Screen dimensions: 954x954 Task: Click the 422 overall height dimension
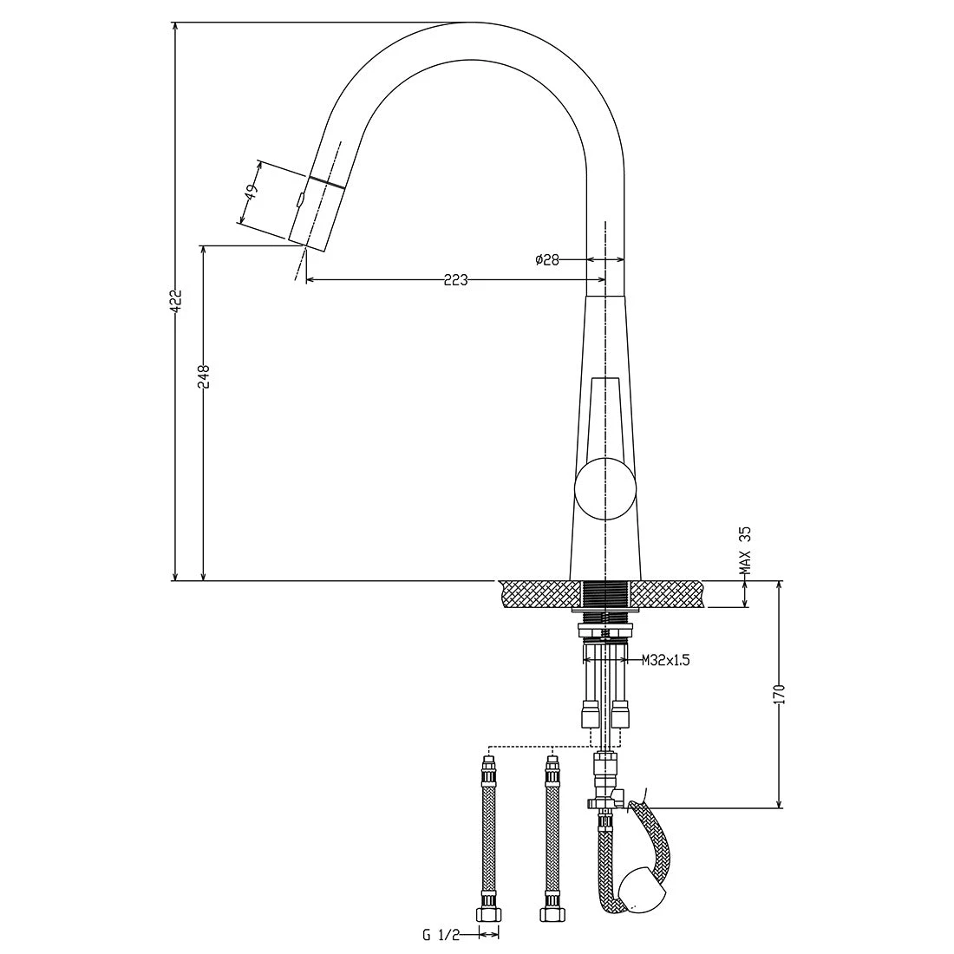175,300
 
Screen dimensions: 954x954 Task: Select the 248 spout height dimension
205,376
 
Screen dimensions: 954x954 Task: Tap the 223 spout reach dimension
455,279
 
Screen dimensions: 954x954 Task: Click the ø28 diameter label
547,258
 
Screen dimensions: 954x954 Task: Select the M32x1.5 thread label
666,661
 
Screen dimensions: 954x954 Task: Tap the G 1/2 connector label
441,934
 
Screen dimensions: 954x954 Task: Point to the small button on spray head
299,199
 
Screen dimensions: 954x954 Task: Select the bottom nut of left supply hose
490,913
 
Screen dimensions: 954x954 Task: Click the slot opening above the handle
605,416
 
